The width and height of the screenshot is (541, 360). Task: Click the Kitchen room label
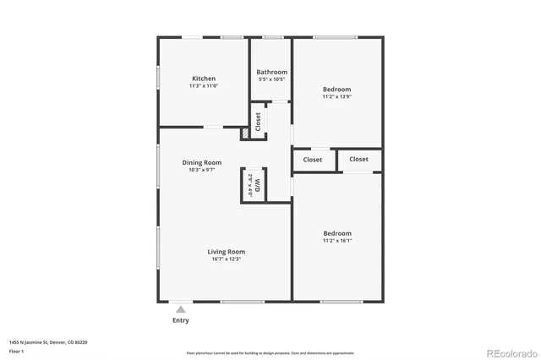pyautogui.click(x=203, y=79)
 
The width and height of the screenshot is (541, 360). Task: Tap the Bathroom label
pyautogui.click(x=271, y=72)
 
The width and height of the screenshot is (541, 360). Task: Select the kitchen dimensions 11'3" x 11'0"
pyautogui.click(x=203, y=86)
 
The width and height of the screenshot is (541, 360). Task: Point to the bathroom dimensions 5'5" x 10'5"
pyautogui.click(x=271, y=79)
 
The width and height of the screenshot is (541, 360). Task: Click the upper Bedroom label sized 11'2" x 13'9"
pyautogui.click(x=336, y=89)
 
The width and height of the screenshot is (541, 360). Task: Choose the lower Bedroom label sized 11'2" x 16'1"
pyautogui.click(x=336, y=233)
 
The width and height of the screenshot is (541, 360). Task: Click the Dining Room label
pyautogui.click(x=202, y=162)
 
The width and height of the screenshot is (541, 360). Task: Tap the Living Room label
pyautogui.click(x=227, y=251)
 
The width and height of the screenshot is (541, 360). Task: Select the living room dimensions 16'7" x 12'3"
pyautogui.click(x=227, y=259)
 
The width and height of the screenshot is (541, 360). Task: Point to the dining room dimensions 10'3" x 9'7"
pyautogui.click(x=202, y=170)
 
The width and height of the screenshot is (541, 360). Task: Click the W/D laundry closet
pyautogui.click(x=254, y=186)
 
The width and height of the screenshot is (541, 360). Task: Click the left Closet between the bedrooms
pyautogui.click(x=313, y=159)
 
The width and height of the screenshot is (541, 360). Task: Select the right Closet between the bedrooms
pyautogui.click(x=358, y=159)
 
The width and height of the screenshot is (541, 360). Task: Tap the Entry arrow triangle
pyautogui.click(x=180, y=310)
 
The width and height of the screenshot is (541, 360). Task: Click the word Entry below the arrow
pyautogui.click(x=181, y=320)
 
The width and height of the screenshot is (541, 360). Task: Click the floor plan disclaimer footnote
pyautogui.click(x=270, y=352)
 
